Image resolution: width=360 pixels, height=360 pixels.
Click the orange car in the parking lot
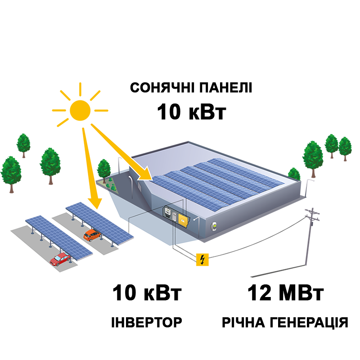pos(91,235)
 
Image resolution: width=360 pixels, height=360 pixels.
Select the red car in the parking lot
pos(60,258)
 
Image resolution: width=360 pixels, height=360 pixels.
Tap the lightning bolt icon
pos(202,260)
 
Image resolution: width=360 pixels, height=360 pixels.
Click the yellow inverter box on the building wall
pos(183,219)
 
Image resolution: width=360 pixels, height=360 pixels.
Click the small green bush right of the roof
pos(294,173)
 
